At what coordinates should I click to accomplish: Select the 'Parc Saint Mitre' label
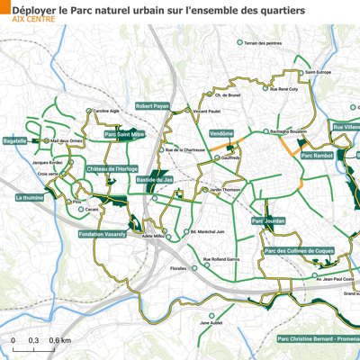point(125,134)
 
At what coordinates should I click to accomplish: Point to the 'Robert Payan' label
point(152,105)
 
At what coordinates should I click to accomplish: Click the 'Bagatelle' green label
point(15,140)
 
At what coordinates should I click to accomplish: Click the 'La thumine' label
point(30,195)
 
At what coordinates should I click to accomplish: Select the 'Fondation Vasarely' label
point(104,234)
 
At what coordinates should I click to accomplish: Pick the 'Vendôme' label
point(221,133)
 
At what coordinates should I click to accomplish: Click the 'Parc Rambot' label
point(317,156)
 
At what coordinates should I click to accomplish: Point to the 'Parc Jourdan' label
point(268,220)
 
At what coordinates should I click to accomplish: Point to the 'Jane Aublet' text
point(211,322)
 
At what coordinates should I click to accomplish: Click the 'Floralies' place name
point(178,268)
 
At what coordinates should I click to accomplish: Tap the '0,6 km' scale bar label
point(60,341)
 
